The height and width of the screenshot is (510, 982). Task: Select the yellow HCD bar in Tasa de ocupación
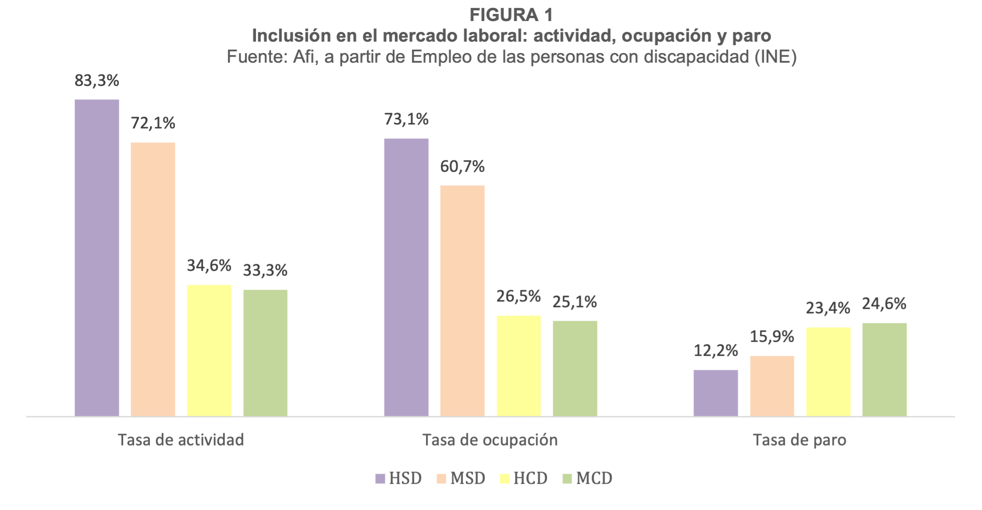[518, 365]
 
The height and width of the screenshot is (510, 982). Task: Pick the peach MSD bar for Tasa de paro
[772, 386]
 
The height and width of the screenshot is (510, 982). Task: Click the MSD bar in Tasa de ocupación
[462, 301]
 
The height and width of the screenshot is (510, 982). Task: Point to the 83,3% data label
[96, 81]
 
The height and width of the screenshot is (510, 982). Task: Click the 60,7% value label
[462, 166]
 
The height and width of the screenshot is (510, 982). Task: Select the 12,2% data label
[716, 351]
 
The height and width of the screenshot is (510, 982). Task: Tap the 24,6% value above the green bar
[884, 304]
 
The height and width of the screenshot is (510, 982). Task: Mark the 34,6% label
[209, 266]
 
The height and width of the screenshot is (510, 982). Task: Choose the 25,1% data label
[574, 302]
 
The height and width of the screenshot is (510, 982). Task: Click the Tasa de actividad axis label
[181, 440]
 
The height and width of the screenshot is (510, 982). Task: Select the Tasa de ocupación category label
[490, 440]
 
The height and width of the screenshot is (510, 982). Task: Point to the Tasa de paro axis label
[799, 440]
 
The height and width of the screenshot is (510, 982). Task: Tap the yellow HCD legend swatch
[505, 478]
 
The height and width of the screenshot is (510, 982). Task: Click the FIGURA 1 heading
[511, 15]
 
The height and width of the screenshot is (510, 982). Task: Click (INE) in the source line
[775, 57]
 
